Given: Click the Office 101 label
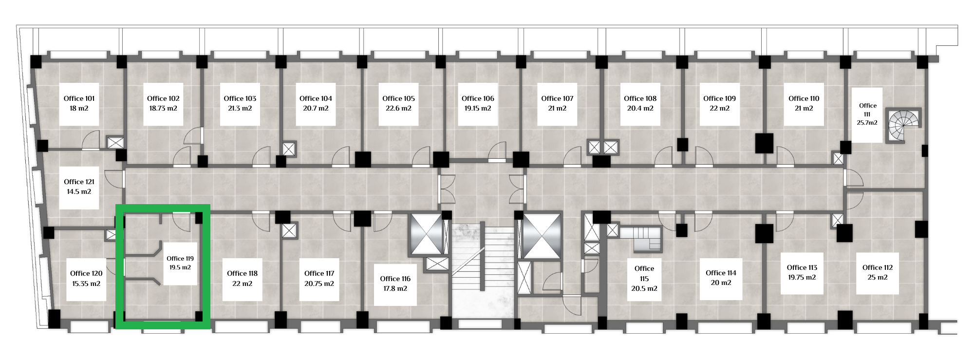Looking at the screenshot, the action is tap(79, 98).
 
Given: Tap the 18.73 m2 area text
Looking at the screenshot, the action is tap(163, 108).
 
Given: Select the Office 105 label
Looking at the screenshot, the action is tap(399, 98).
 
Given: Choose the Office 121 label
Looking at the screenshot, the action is tap(79, 182).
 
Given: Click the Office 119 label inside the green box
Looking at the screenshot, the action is tap(180, 259).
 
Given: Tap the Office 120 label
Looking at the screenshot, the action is tap(86, 273).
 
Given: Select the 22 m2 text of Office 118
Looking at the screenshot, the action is tap(243, 283).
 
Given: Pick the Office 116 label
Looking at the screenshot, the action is tap(395, 279).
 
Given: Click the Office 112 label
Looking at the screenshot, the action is tap(877, 267).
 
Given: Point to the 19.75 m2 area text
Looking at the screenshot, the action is tap(802, 277).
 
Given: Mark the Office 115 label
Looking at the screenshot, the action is tap(644, 273).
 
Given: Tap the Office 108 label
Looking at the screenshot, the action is tap(640, 98).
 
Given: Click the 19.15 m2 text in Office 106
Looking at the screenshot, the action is tap(478, 108).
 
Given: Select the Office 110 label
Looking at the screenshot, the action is tap(804, 98).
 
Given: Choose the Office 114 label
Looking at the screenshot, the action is tap(721, 273).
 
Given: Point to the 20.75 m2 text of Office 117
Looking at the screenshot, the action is tap(319, 283).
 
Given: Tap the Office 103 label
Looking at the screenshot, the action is tap(240, 98).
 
